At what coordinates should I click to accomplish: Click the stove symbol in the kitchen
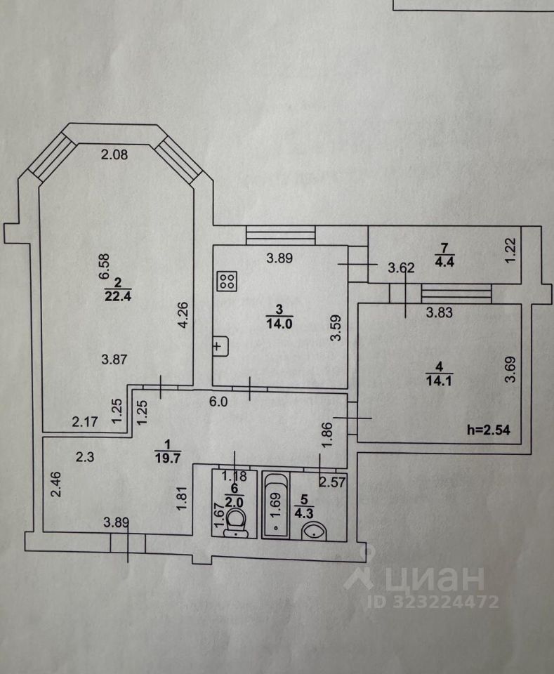pos(226,282)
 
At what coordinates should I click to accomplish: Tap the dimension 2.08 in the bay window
pos(114,155)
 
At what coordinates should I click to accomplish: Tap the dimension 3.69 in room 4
pos(510,371)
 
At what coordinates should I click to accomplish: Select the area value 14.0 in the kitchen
pos(277,322)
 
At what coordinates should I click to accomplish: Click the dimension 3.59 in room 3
pos(336,329)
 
